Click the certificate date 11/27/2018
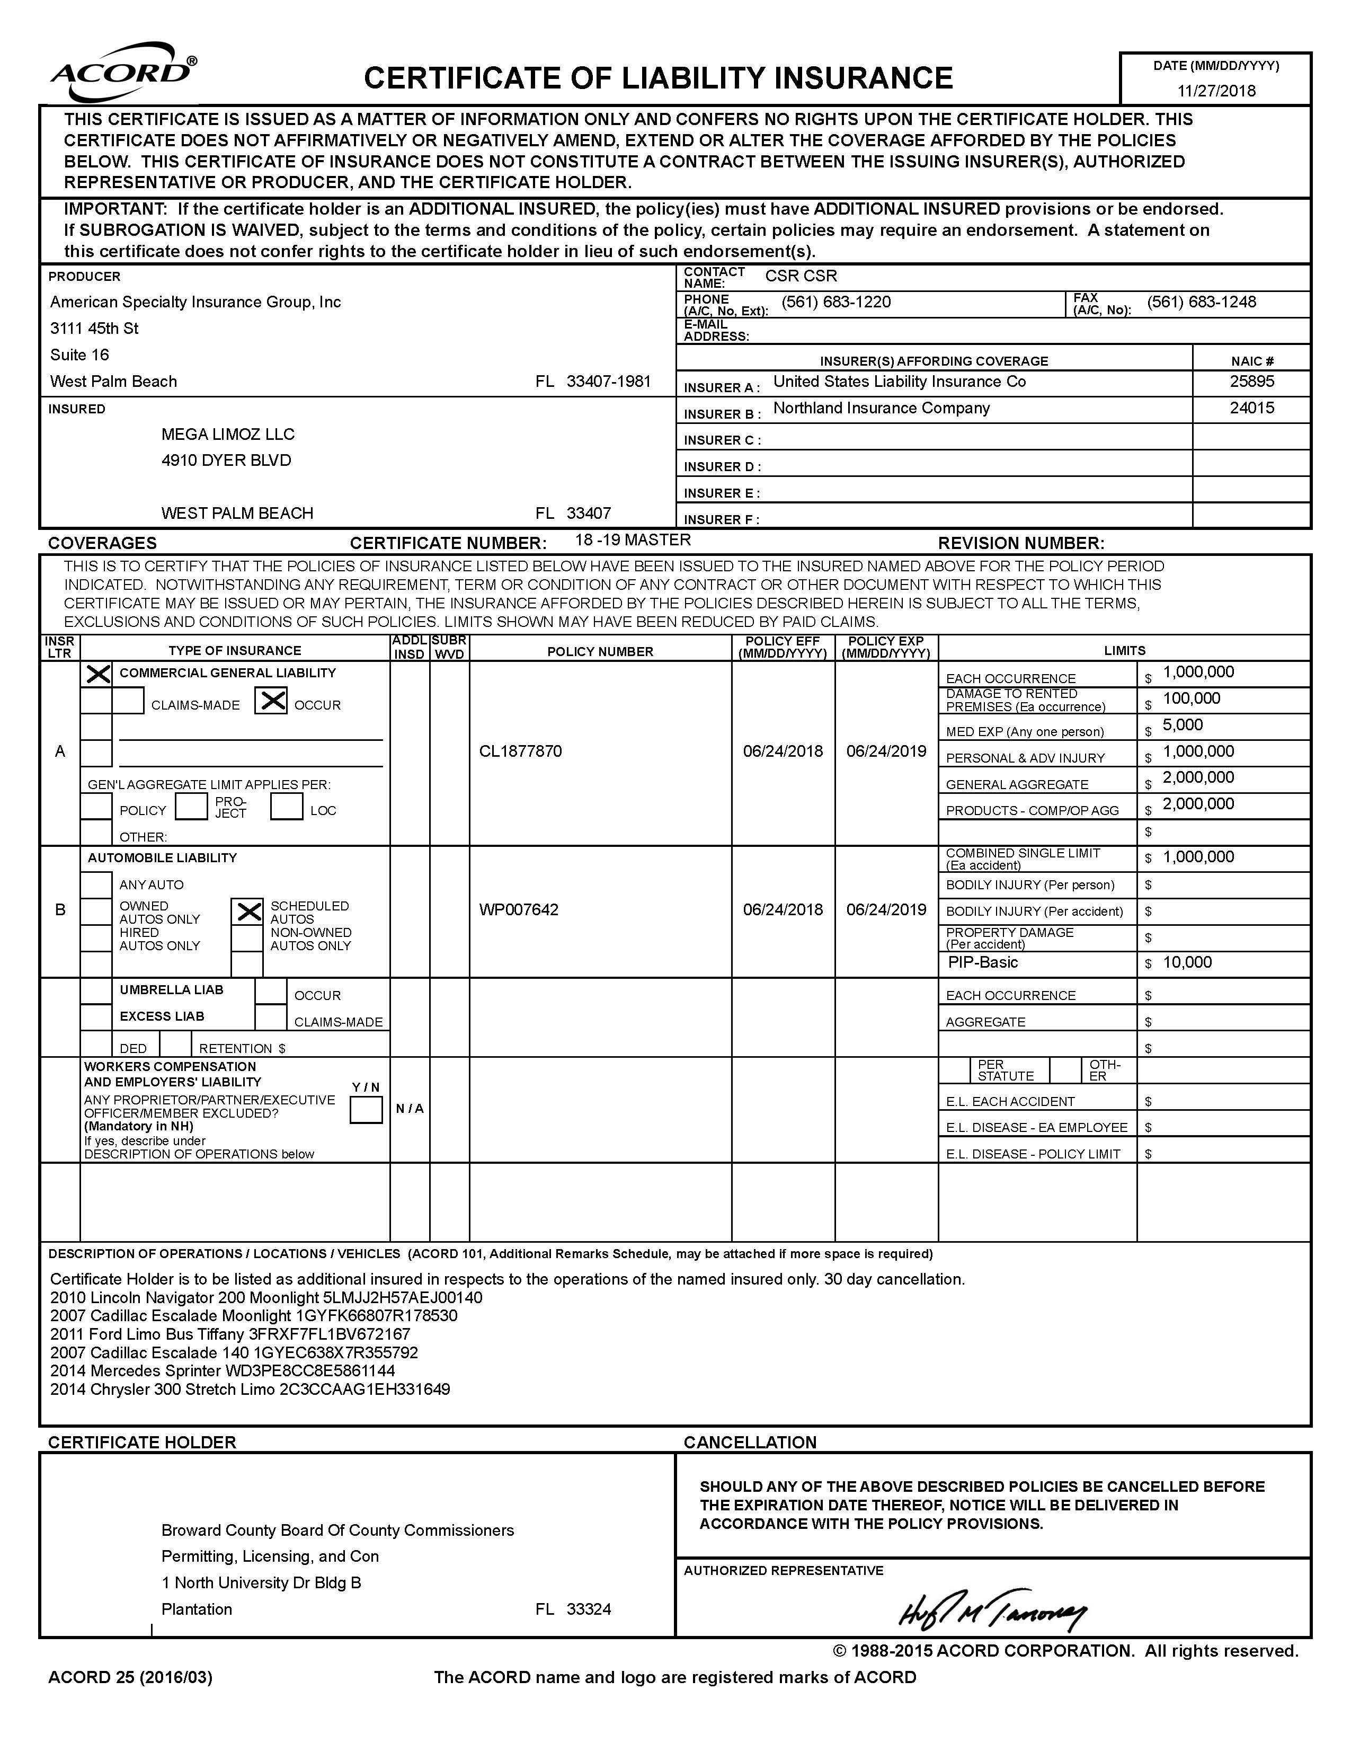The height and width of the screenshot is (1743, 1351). (x=1216, y=90)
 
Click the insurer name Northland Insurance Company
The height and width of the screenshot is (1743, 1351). (x=881, y=409)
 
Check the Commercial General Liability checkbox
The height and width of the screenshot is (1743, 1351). (x=97, y=675)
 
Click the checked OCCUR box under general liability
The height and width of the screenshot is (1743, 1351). (x=271, y=702)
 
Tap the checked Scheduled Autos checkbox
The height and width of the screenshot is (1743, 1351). (x=248, y=912)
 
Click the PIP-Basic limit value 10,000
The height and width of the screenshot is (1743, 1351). (x=1187, y=962)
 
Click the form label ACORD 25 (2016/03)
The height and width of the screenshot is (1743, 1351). (x=130, y=1678)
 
